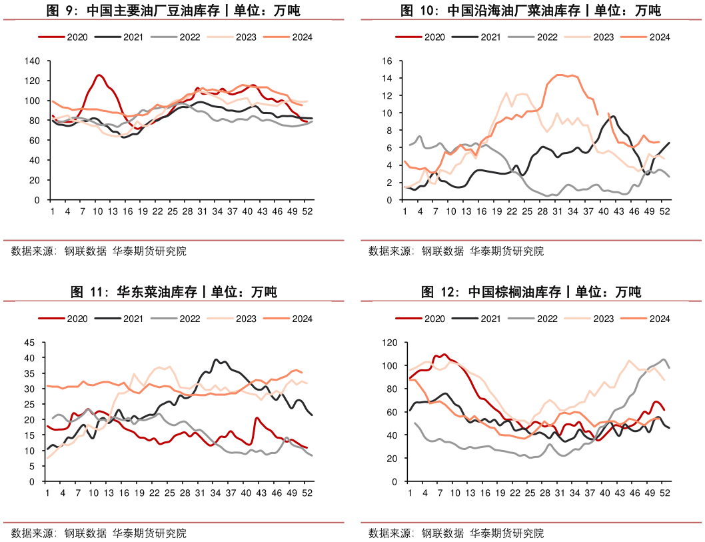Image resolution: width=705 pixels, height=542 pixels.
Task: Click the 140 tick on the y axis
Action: tap(34, 61)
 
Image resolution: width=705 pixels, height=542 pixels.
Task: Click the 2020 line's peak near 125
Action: tap(99, 75)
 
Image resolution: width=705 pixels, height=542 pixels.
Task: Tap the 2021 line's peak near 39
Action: tap(216, 360)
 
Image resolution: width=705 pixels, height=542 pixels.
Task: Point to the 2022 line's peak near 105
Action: tap(664, 359)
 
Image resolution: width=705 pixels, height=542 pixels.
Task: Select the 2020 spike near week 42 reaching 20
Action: tap(257, 419)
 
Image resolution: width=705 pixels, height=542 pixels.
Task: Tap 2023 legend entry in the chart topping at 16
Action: tap(593, 37)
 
